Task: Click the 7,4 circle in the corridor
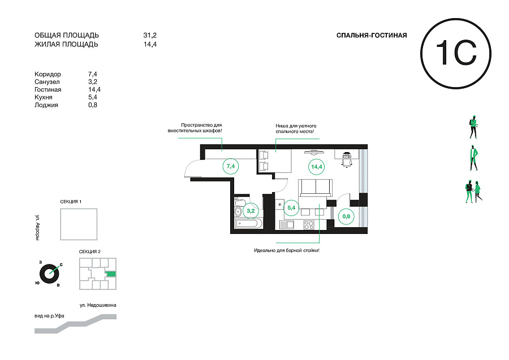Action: (231, 166)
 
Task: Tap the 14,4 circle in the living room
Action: (316, 167)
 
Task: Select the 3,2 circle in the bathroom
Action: (251, 211)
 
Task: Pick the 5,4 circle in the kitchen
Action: (291, 208)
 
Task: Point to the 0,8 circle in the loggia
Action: (346, 216)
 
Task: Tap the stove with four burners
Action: (309, 225)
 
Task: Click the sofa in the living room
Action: (316, 188)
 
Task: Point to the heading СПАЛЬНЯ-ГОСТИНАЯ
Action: (372, 36)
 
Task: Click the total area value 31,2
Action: (150, 35)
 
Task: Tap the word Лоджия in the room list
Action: (46, 105)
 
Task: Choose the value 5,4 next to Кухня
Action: (93, 97)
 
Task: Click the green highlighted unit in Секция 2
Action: (111, 274)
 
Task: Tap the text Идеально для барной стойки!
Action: (287, 250)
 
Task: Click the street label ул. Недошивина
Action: (98, 305)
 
